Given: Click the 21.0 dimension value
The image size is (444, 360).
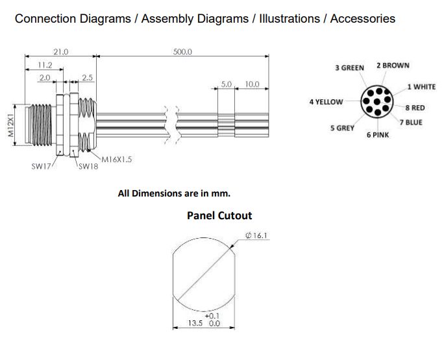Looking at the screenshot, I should pos(60,51).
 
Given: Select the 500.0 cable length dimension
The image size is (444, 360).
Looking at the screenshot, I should pos(182,51).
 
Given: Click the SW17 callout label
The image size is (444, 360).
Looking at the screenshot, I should pos(42,166).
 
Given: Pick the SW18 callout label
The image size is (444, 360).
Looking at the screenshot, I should pos(88,166).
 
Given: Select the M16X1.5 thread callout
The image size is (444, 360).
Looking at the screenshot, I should pos(117,159).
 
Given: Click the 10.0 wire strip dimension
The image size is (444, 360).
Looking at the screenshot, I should pos(252,84).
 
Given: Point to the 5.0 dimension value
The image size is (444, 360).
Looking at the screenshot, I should pos(227,84).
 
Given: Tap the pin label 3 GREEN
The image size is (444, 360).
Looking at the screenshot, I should pos(349,67).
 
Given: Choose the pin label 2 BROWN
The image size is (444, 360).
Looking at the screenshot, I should pos(393,66).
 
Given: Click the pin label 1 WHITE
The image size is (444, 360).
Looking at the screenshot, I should pos(421,86).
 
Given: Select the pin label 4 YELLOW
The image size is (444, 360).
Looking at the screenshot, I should pos(327,102).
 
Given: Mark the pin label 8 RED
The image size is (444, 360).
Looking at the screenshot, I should pos(415,108).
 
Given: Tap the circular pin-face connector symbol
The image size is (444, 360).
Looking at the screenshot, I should pos(375,102).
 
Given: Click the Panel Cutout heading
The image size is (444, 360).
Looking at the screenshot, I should pos(219,215).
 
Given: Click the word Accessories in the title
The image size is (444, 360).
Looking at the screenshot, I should pos(362,18).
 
